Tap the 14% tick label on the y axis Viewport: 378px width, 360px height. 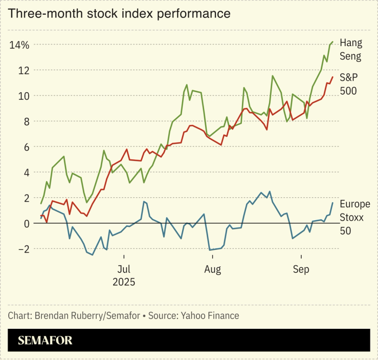(19, 45)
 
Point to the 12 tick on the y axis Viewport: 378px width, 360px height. (23, 70)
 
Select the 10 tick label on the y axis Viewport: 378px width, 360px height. (23, 96)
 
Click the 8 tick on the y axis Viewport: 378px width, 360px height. (26, 121)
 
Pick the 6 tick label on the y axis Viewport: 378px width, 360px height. (26, 147)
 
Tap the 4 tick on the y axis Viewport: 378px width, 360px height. (26, 173)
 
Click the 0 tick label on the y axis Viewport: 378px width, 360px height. (26, 223)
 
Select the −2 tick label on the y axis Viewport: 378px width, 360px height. (22, 249)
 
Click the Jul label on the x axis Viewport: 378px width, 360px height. (123, 269)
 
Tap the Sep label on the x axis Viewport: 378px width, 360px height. (301, 269)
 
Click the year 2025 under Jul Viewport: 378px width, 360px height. (123, 282)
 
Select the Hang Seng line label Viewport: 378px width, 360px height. (351, 49)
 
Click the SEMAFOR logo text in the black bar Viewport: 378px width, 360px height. (46, 340)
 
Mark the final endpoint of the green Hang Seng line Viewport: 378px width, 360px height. (332, 42)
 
